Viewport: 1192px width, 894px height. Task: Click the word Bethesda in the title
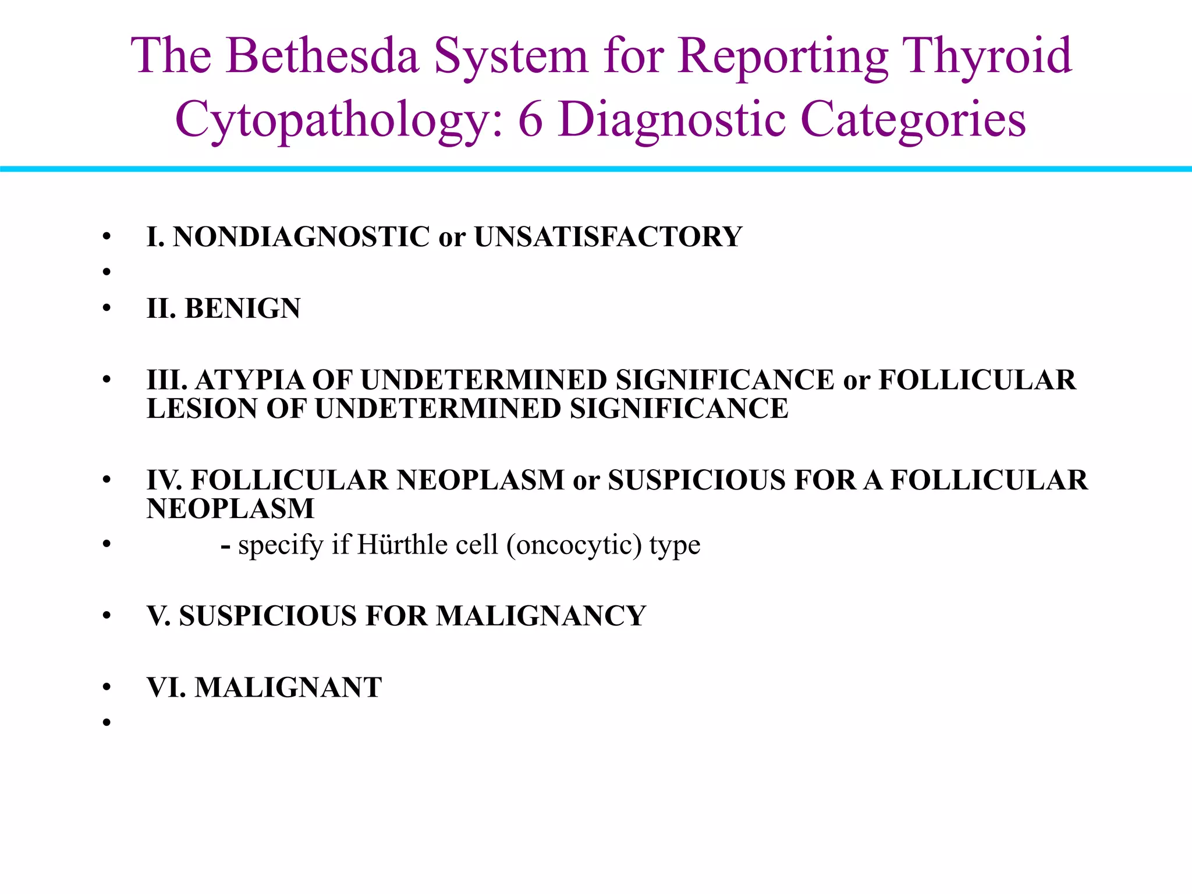click(x=322, y=56)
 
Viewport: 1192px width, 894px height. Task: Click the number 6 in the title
click(x=530, y=120)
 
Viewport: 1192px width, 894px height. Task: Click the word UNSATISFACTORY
click(x=608, y=237)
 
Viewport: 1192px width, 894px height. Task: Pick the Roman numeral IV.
click(x=165, y=480)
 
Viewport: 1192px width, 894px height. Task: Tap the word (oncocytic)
click(x=574, y=545)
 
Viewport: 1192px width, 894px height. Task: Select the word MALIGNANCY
click(x=541, y=616)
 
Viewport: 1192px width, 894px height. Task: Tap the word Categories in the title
click(x=913, y=120)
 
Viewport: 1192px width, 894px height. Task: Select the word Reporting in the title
click(x=783, y=56)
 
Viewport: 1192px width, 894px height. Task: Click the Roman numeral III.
click(x=167, y=380)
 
